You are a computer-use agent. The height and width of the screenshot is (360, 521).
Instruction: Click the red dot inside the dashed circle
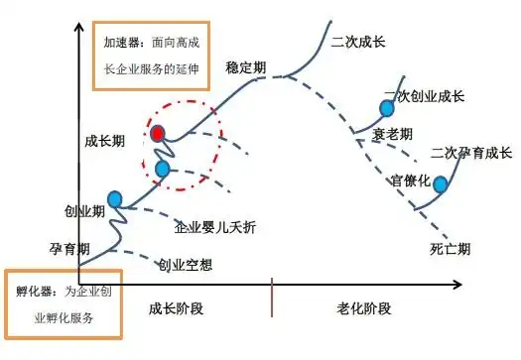[x=158, y=133]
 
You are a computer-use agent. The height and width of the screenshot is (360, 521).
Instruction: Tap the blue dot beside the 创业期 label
[x=114, y=200]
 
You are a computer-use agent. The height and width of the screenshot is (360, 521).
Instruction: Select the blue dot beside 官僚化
[x=441, y=184]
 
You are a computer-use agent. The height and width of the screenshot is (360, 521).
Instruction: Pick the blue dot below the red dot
[x=163, y=169]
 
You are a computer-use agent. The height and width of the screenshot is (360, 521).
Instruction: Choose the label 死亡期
[x=450, y=248]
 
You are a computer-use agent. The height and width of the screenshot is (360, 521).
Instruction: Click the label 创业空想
[x=185, y=265]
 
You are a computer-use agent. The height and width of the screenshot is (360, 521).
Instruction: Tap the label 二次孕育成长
[x=471, y=153]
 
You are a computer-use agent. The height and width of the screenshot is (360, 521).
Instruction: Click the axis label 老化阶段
[x=364, y=308]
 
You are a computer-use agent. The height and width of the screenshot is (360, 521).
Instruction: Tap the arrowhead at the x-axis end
[x=457, y=286]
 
